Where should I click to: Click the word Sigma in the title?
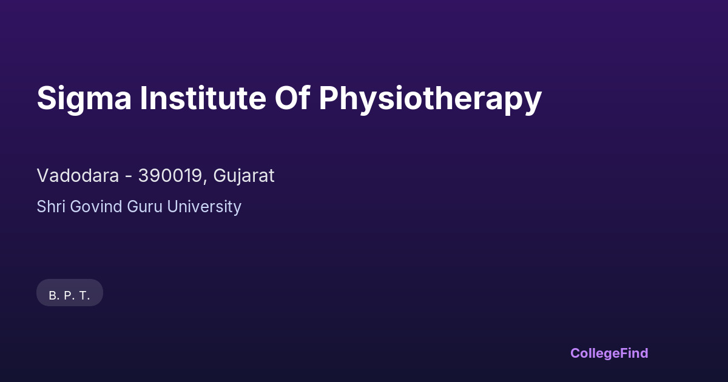pos(84,99)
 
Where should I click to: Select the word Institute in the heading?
pos(203,98)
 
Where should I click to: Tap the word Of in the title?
pos(292,98)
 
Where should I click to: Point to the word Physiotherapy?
pos(430,99)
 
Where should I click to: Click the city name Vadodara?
pos(78,175)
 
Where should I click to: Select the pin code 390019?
pos(170,175)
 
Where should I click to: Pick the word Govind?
pos(96,206)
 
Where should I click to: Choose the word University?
pos(204,207)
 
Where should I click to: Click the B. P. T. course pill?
pos(70,292)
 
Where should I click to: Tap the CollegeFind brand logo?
pos(609,354)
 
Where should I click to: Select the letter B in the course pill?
pos(53,296)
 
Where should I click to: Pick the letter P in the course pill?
pos(68,296)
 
